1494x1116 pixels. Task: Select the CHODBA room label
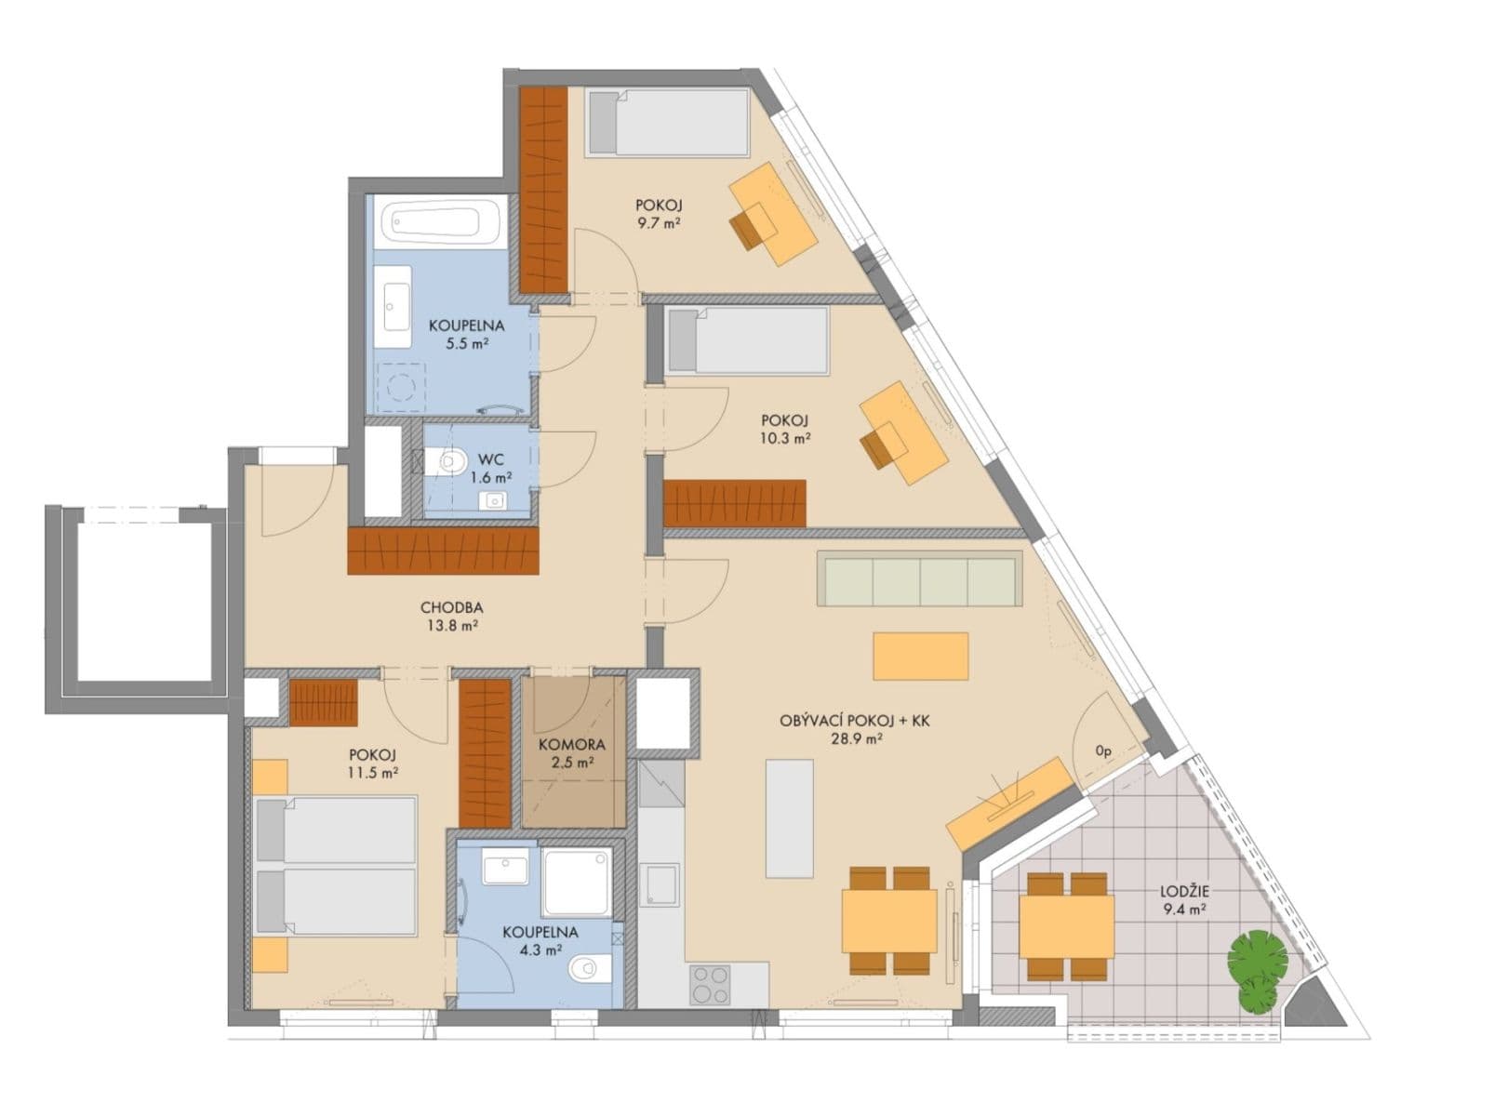pyautogui.click(x=451, y=608)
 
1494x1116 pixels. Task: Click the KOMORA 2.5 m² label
pyautogui.click(x=571, y=745)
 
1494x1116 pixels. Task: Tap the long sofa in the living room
pyautogui.click(x=920, y=578)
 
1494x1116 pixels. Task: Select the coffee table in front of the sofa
pyautogui.click(x=920, y=656)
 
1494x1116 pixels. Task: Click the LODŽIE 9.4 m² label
pyautogui.click(x=1184, y=891)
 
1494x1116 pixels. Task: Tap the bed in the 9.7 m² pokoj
pyautogui.click(x=668, y=122)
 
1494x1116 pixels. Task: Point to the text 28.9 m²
pyautogui.click(x=856, y=739)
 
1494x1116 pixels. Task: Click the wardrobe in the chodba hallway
pyautogui.click(x=444, y=551)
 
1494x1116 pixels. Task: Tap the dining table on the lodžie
pyautogui.click(x=1066, y=926)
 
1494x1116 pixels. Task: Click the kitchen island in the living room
pyautogui.click(x=789, y=818)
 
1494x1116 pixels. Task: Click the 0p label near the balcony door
pyautogui.click(x=1103, y=751)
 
